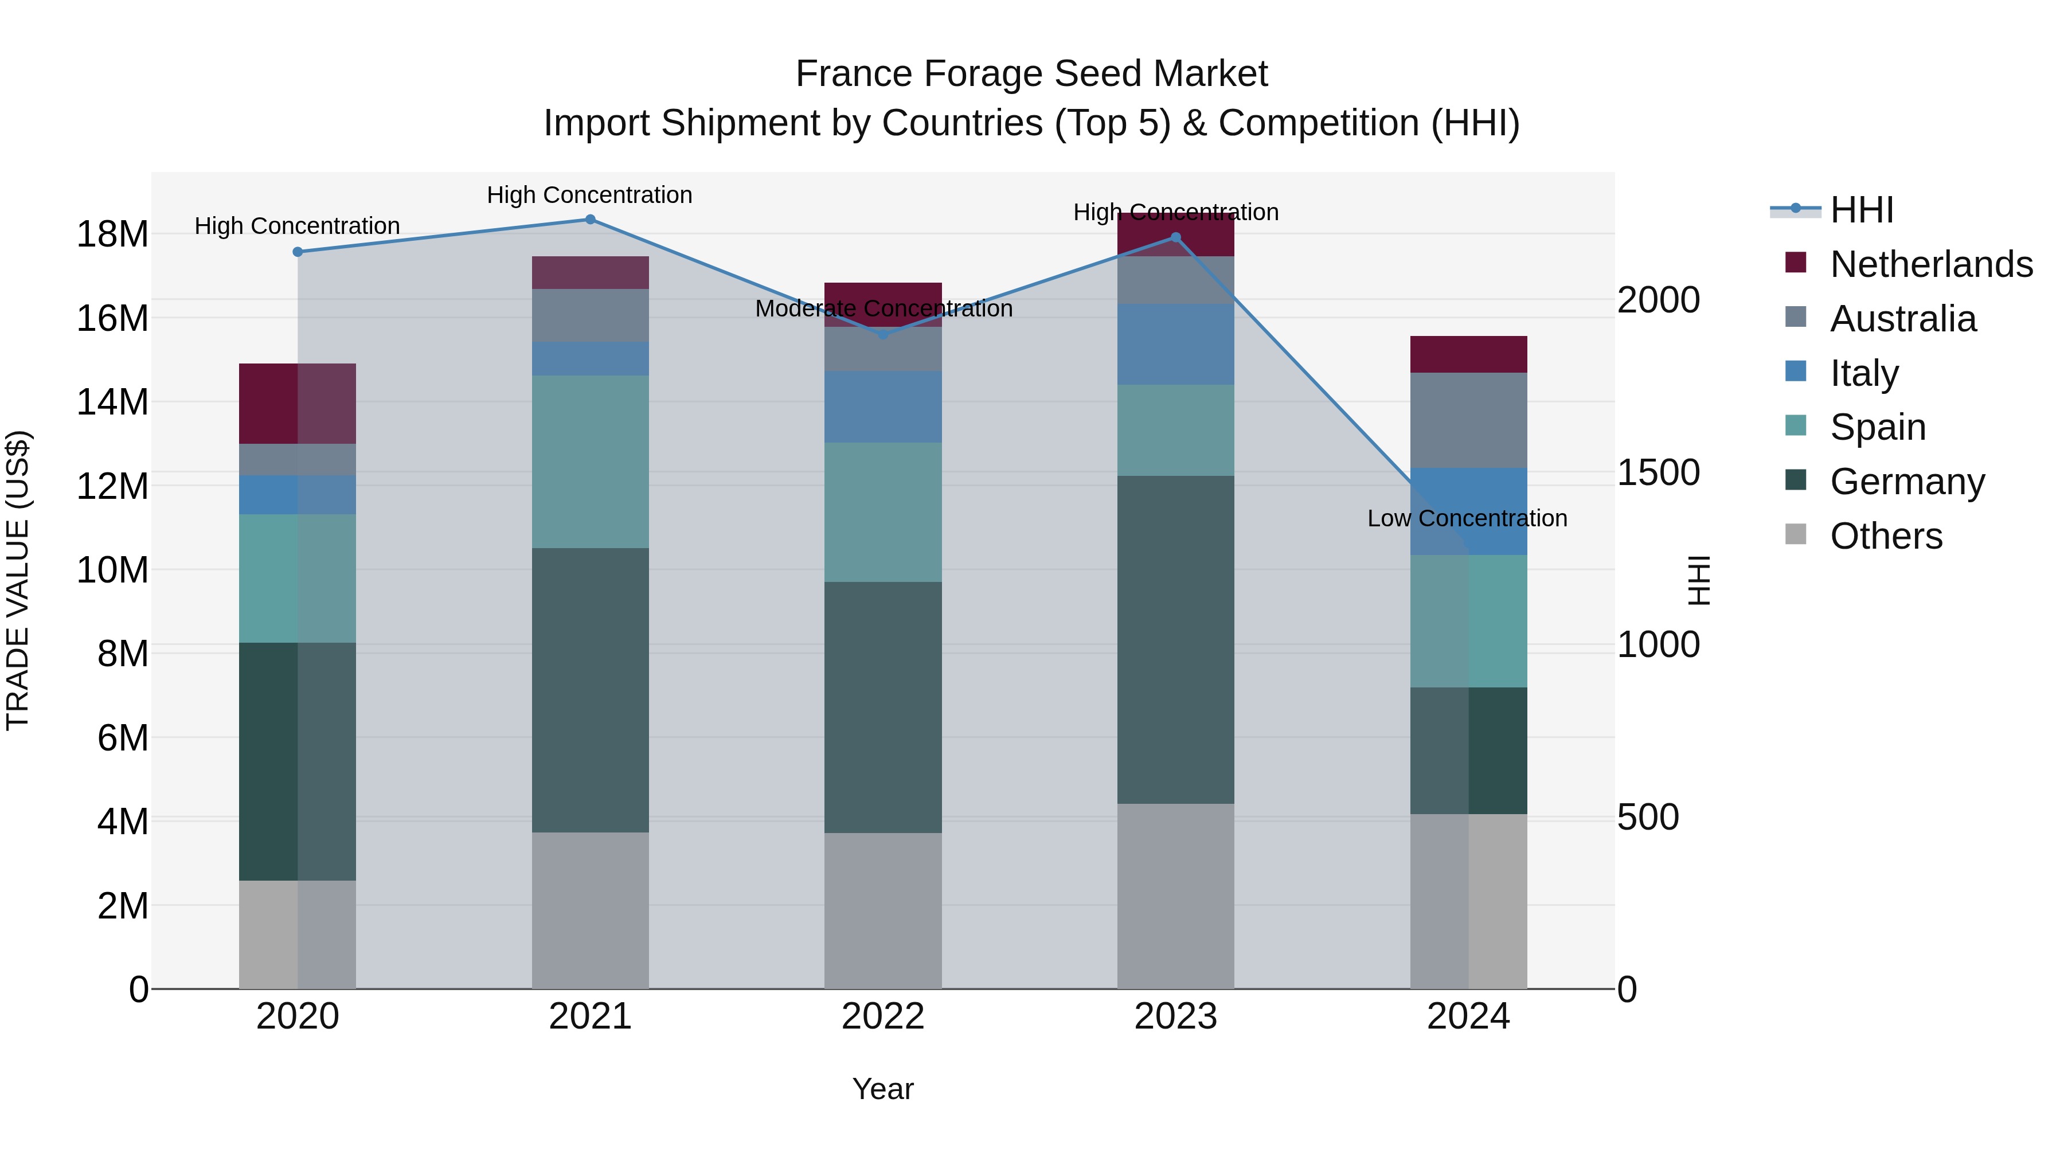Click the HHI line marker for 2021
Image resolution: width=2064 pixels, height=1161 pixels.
(590, 220)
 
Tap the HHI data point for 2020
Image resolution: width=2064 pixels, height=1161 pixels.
(297, 252)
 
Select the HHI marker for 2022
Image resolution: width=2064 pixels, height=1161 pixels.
(883, 334)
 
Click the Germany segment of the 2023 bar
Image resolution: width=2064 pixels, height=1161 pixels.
(1175, 639)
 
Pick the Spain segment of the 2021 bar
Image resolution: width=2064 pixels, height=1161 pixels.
(590, 462)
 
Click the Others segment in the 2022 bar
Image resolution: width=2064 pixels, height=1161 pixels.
(883, 910)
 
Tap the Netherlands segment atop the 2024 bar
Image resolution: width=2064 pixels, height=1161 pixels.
(1468, 354)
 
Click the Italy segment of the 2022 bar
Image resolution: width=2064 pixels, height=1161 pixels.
(883, 406)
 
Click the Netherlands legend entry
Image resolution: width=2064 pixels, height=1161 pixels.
(1931, 264)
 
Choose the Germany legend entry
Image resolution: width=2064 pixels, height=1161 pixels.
(1907, 482)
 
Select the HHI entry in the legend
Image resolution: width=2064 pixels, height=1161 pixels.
(1861, 210)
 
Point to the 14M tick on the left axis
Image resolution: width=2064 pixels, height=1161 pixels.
(112, 401)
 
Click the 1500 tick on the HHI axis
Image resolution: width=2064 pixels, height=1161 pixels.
(1658, 473)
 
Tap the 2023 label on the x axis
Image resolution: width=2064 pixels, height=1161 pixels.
(1175, 1017)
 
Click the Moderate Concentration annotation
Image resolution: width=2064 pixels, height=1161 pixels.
(883, 308)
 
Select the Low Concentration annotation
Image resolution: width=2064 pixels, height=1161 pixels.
(1467, 518)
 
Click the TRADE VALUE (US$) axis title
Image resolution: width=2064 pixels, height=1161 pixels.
(18, 580)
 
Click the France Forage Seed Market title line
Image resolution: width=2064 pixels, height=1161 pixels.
(1031, 74)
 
